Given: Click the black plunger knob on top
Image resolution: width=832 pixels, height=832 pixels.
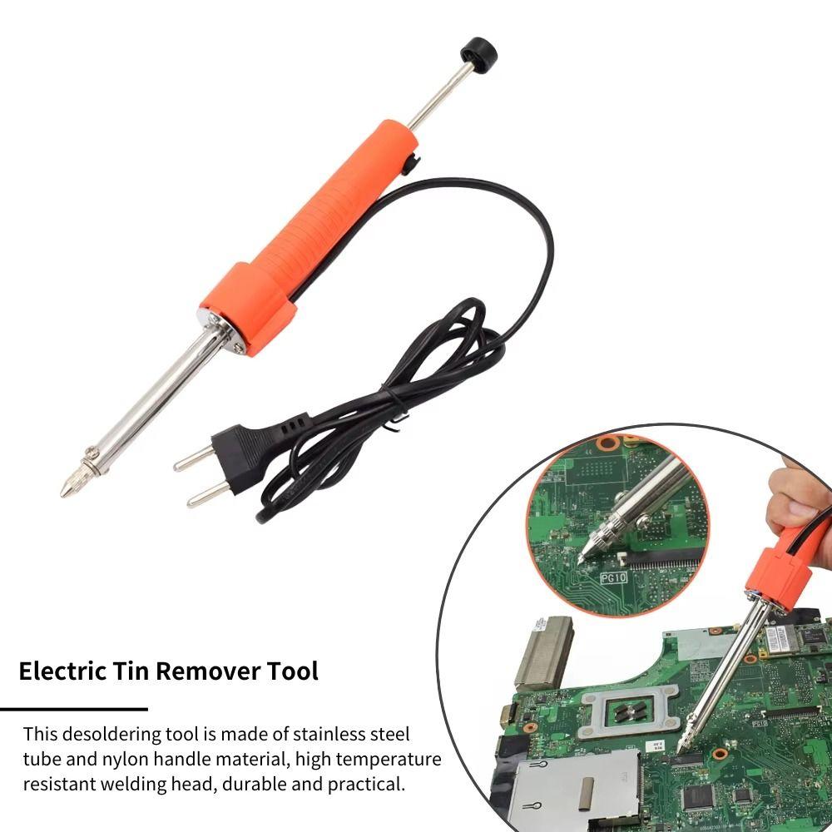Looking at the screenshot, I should click(x=478, y=52).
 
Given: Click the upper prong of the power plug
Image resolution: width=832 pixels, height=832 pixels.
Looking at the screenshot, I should click(x=193, y=458).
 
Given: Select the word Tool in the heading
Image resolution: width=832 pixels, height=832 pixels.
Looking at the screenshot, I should click(x=291, y=671).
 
